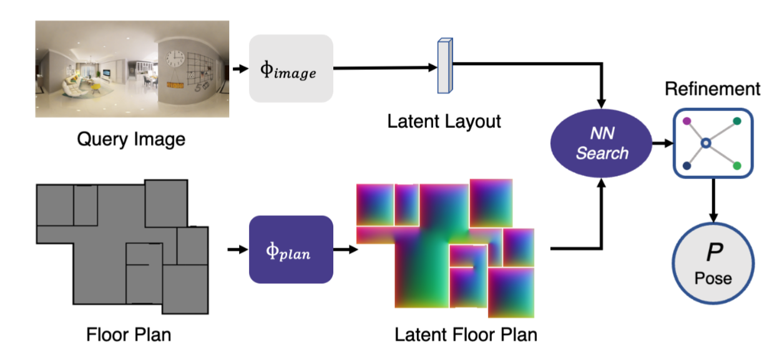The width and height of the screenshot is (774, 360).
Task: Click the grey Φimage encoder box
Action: pos(291,69)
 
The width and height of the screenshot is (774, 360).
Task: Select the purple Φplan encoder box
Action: pos(291,250)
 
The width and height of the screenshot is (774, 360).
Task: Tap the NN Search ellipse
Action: pos(601,144)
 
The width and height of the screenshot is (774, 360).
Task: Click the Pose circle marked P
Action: pos(713,264)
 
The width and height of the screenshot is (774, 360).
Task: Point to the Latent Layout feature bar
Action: pos(445,66)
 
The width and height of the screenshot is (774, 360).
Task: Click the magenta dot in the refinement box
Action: pos(687,121)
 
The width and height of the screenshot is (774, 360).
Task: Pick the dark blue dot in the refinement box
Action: pos(687,166)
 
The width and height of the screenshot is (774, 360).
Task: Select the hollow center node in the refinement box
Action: pos(706,143)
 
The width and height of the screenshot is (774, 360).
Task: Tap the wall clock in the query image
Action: pos(175,59)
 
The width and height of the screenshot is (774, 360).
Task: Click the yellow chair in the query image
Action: pos(96,86)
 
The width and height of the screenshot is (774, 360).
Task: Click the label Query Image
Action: pos(131,139)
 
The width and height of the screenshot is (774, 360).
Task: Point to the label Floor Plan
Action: pos(129,334)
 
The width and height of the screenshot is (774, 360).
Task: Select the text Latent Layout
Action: pos(444,122)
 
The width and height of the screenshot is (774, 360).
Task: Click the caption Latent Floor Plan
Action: pos(466,334)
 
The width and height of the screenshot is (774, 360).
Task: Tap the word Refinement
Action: pos(712,89)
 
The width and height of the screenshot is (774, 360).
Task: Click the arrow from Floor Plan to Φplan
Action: pos(238,249)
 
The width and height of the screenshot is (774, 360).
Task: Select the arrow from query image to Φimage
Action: pos(240,69)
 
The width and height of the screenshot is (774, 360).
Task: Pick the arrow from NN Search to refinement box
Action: pos(663,143)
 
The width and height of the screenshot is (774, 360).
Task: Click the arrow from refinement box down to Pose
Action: pos(713,200)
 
